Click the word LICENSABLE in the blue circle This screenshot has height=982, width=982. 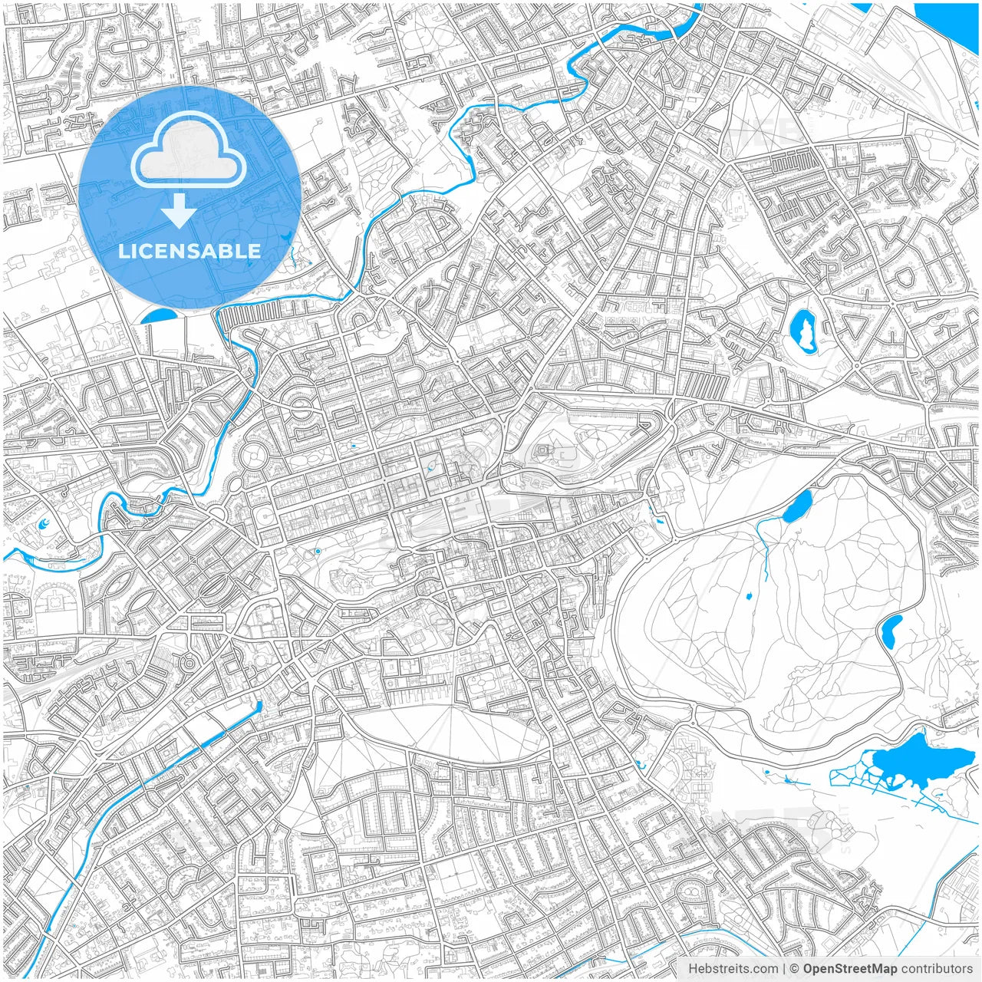click(x=189, y=251)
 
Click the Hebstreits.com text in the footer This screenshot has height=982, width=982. click(x=733, y=969)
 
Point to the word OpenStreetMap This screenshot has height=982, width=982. click(x=850, y=969)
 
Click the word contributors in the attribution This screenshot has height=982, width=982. click(x=937, y=969)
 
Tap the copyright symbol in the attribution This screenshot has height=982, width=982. click(x=795, y=969)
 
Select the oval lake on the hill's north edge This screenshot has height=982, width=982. click(x=799, y=506)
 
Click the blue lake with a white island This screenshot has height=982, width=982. click(x=804, y=331)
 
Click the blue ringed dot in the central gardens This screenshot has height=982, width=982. click(x=317, y=551)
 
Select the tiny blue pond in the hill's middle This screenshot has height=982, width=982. click(x=748, y=595)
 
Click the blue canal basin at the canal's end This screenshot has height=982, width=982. click(x=258, y=707)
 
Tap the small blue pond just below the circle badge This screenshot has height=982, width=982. click(x=159, y=315)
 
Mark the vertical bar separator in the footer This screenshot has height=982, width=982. click(x=783, y=969)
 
